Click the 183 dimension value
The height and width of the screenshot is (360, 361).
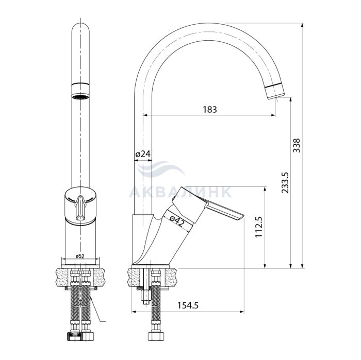[x=210, y=109]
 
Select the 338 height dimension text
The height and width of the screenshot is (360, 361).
[x=297, y=145]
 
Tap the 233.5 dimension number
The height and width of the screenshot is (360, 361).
[x=285, y=182]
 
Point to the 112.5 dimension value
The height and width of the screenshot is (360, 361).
[x=259, y=227]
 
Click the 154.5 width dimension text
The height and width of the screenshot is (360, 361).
[x=188, y=305]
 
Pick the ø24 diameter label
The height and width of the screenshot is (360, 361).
[x=143, y=155]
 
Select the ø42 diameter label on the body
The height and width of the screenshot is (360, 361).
[x=177, y=219]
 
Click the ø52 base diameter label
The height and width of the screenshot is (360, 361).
[x=80, y=256]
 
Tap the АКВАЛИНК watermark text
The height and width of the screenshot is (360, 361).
[x=180, y=192]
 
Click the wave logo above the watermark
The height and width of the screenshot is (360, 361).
[x=160, y=169]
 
